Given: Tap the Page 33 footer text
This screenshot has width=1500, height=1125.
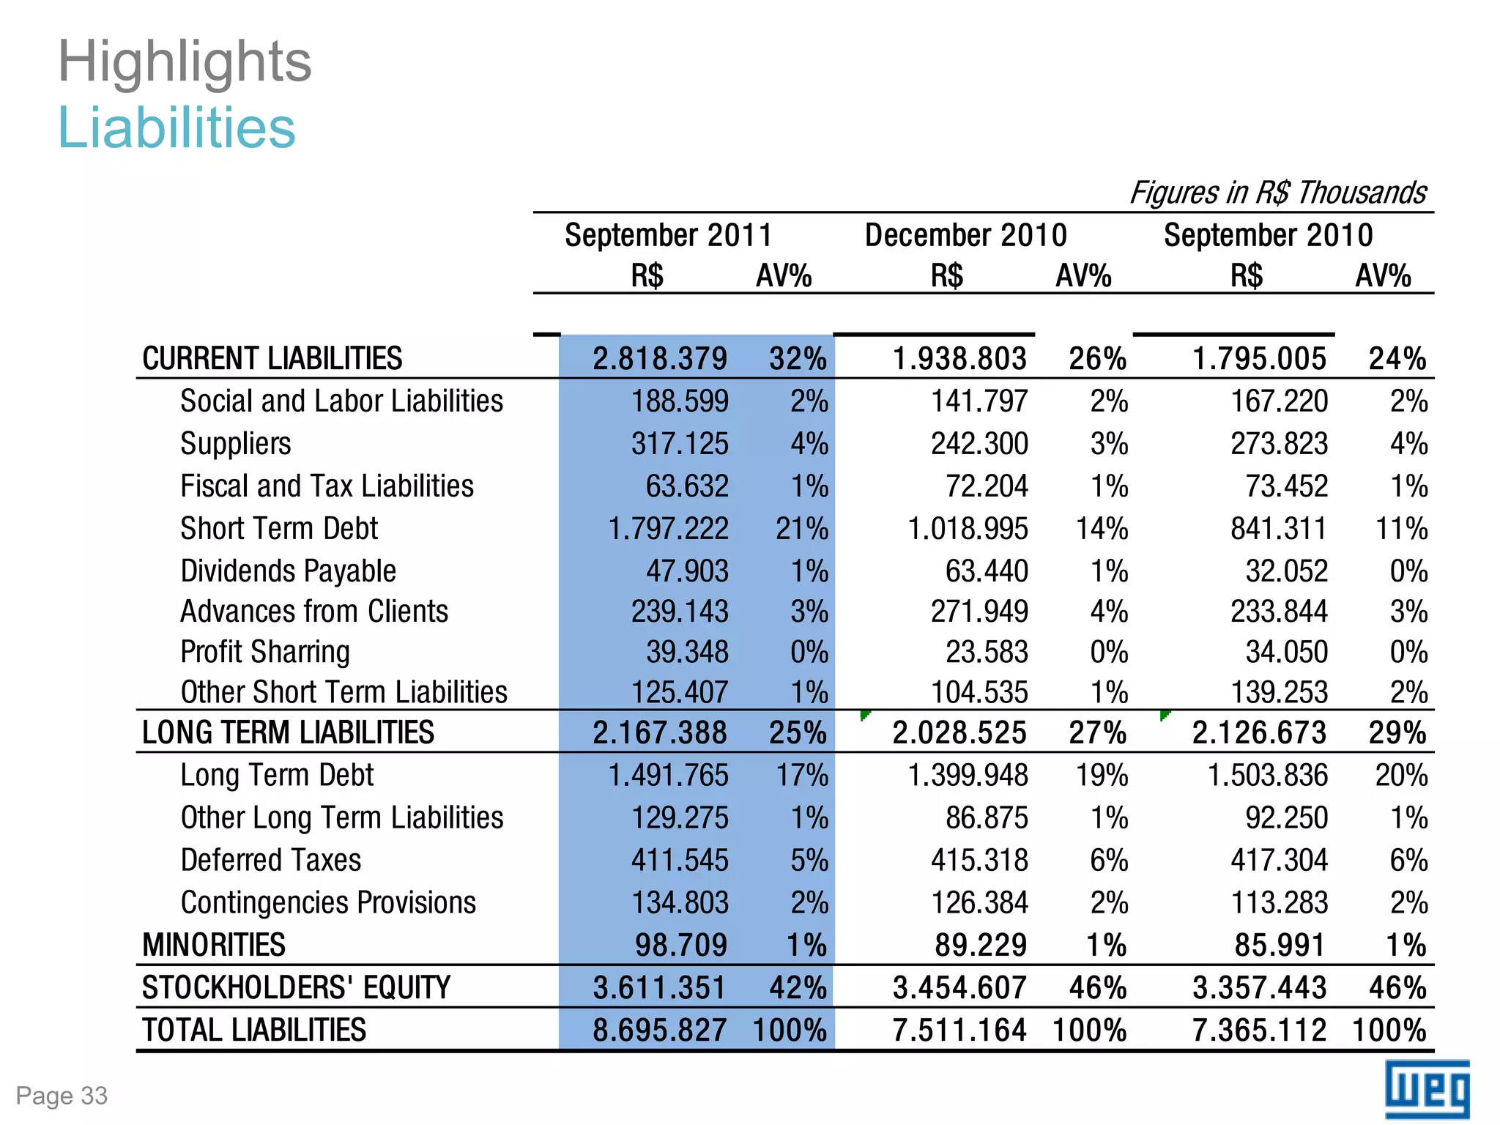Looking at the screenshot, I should [x=62, y=1096].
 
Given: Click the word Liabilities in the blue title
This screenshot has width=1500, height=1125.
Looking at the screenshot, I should [x=177, y=127].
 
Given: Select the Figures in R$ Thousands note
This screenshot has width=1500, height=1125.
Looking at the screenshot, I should [x=1278, y=193].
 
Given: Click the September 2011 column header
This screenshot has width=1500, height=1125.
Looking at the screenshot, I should [x=668, y=235].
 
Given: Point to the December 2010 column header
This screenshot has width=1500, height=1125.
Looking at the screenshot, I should [x=965, y=235].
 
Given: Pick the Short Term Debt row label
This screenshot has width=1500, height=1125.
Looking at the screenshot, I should [x=279, y=528].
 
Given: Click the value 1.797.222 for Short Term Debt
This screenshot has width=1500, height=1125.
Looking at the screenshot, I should [x=668, y=528].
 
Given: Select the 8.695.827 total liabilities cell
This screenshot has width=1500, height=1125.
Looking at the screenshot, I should [x=659, y=1030].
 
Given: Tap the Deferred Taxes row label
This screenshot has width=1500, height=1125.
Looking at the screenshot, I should [x=271, y=860].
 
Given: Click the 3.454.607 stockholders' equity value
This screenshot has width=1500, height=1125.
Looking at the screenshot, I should [x=959, y=987].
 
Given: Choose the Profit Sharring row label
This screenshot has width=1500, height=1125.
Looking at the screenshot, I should [x=265, y=652].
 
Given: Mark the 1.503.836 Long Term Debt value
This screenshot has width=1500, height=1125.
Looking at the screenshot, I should [x=1267, y=775].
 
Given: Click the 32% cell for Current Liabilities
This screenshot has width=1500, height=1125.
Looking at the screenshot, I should [x=798, y=359].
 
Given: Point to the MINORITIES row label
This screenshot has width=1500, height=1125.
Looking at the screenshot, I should [x=214, y=945].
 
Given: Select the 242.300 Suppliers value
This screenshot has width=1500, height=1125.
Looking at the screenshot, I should [x=979, y=444].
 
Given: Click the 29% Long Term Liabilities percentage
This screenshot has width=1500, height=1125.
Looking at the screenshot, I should [x=1397, y=732].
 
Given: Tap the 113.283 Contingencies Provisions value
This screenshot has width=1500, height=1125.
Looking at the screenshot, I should [x=1279, y=902].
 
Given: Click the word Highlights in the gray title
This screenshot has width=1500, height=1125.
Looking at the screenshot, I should [x=185, y=62].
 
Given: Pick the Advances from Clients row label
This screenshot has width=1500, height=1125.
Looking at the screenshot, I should [x=314, y=612].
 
